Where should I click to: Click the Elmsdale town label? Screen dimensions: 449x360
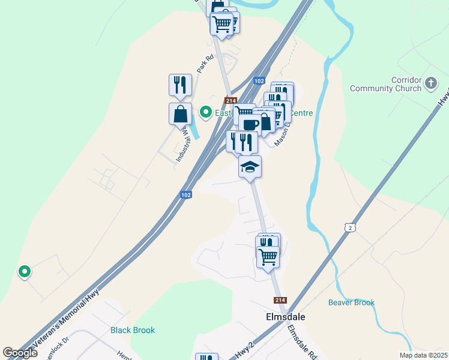point(282,316)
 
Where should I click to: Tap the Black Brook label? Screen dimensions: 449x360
point(133,330)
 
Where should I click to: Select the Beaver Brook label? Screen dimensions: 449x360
point(351,302)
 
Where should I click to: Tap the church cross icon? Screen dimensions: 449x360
point(431,83)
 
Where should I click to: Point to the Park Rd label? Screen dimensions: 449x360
point(205,64)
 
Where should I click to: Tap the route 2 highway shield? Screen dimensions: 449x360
point(351,227)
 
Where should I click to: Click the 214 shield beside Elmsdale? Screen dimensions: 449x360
point(280,300)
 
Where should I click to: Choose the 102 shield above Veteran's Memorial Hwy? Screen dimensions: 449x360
point(185,196)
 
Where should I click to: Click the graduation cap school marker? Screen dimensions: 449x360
point(250,166)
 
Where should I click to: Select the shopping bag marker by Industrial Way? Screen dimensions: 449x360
point(180,113)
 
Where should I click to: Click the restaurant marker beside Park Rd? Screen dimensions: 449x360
point(180,85)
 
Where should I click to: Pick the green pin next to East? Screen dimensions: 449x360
point(205,112)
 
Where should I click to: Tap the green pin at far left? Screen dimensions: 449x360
point(25,272)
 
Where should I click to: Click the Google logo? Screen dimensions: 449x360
point(20,353)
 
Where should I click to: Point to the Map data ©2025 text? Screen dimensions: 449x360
point(423,355)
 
